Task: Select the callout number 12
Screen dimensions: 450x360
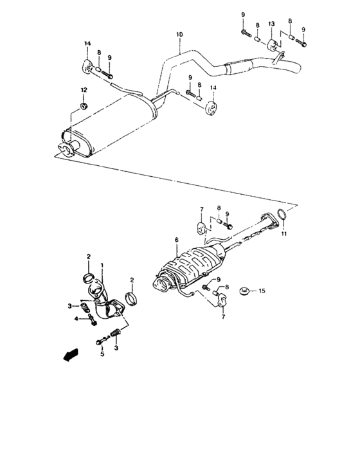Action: tap(82, 89)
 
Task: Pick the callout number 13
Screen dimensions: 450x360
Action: tap(271, 24)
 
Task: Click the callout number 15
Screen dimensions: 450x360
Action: tap(262, 291)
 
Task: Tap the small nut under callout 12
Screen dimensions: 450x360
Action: tap(83, 105)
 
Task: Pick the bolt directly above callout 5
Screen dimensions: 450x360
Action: tap(100, 341)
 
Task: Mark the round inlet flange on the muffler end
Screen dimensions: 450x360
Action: tap(62, 151)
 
